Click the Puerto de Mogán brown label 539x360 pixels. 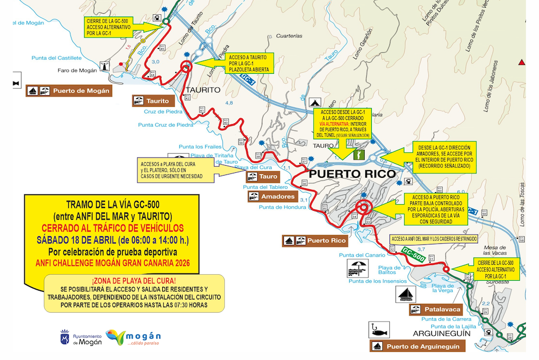pos(69,91)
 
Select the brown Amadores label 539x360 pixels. pos(272,197)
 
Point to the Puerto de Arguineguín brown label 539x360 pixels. pos(418,346)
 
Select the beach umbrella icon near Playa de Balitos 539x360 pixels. pos(356,269)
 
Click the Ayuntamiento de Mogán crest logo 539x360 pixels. pos(65,338)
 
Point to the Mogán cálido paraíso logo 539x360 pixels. pos(133,337)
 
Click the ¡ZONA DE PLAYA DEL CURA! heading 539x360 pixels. pos(134,281)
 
